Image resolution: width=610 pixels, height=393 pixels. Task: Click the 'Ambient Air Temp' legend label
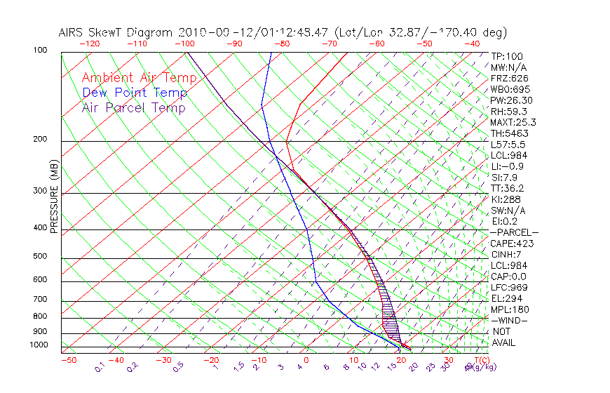coord(140,78)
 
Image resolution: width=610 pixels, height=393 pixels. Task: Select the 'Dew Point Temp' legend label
coord(135,93)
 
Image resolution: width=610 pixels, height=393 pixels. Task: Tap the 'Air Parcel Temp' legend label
coord(133,107)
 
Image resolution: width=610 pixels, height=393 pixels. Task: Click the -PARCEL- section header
coord(514,232)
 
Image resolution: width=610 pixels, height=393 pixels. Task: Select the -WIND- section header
coord(508,320)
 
